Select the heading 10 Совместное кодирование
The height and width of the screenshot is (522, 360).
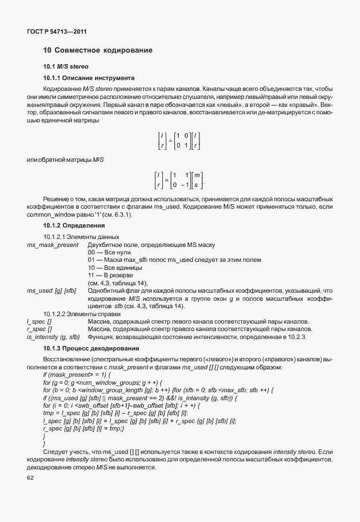(x=97, y=51)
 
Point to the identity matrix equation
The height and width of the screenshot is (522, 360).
(x=179, y=142)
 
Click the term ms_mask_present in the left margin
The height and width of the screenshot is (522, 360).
(x=53, y=245)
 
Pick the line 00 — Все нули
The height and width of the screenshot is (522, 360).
(x=110, y=252)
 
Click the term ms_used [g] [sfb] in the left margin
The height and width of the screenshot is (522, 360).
(x=51, y=291)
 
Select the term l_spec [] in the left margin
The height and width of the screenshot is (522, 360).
(x=39, y=322)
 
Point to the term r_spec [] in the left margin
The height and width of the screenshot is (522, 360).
(x=39, y=330)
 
